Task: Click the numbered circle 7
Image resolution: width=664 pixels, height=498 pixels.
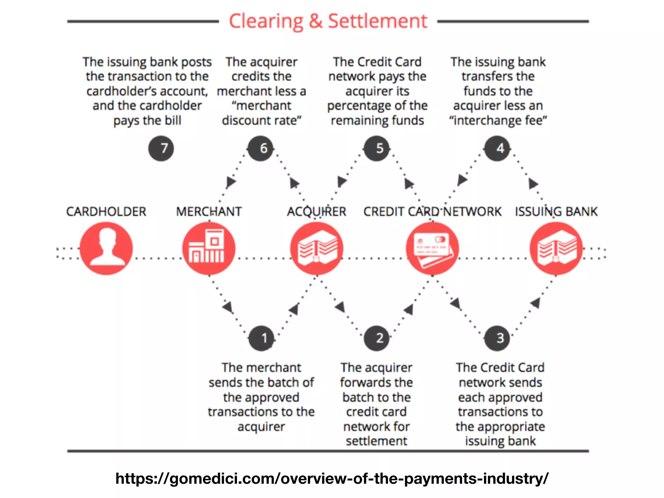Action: pyautogui.click(x=161, y=148)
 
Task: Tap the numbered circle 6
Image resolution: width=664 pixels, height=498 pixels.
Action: pyautogui.click(x=260, y=148)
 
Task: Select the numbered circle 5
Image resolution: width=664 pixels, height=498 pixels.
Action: pyautogui.click(x=376, y=148)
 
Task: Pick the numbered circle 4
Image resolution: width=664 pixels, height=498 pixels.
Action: pyautogui.click(x=497, y=148)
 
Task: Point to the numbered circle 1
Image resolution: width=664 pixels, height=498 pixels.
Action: pyautogui.click(x=261, y=338)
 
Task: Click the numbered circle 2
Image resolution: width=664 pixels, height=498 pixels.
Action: pyautogui.click(x=376, y=338)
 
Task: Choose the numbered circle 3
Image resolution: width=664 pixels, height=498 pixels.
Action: pyautogui.click(x=497, y=338)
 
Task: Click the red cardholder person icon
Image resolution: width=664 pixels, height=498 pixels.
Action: pyautogui.click(x=106, y=248)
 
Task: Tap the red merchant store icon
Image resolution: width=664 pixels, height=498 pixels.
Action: pyautogui.click(x=209, y=248)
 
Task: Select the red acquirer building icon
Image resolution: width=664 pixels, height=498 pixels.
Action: pyautogui.click(x=317, y=248)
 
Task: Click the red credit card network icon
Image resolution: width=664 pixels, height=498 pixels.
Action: pyautogui.click(x=432, y=248)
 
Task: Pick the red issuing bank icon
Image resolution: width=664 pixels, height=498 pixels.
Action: pyautogui.click(x=556, y=248)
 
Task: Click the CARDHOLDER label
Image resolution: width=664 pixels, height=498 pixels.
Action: pyautogui.click(x=106, y=212)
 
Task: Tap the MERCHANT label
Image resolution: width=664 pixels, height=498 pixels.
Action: pyautogui.click(x=209, y=212)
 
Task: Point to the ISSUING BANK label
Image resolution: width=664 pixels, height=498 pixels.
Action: pyautogui.click(x=556, y=212)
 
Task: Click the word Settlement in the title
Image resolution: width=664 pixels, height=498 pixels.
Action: pyautogui.click(x=378, y=21)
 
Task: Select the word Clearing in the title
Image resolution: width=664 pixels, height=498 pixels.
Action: pyautogui.click(x=266, y=21)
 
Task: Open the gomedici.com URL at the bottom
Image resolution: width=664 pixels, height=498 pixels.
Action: pyautogui.click(x=332, y=479)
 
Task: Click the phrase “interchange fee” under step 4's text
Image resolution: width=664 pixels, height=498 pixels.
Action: pyautogui.click(x=498, y=121)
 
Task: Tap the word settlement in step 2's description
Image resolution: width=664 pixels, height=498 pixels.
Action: pyautogui.click(x=376, y=441)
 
